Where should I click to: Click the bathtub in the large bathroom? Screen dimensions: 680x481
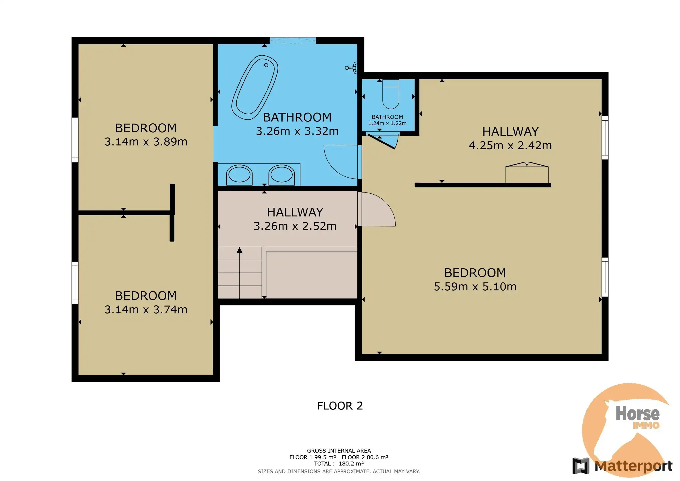coord(255,88)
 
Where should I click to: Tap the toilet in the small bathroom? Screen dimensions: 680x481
coord(391,94)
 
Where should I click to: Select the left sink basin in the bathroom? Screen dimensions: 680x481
coord(239,175)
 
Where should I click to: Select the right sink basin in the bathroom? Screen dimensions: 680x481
coord(281,175)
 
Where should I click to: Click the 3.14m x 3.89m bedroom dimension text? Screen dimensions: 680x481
coord(146,142)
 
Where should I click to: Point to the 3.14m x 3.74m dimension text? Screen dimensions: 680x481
coord(146,310)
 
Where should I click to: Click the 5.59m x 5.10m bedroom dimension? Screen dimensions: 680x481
coord(475,287)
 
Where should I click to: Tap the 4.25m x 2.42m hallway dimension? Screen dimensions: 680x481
coord(510,145)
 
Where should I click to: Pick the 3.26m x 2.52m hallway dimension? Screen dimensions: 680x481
coord(295,226)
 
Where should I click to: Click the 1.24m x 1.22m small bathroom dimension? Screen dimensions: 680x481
coord(387,123)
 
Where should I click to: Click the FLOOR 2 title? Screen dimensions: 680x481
coord(340,406)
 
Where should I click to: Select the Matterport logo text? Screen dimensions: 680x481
coord(633,466)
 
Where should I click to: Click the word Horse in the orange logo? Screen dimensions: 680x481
coord(637,414)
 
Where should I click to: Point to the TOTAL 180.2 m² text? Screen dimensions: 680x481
coord(339,464)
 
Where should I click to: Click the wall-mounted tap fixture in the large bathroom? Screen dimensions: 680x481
coord(352,68)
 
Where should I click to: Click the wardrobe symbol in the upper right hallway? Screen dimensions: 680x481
coord(527,172)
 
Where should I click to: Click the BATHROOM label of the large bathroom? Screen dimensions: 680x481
coord(297,117)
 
